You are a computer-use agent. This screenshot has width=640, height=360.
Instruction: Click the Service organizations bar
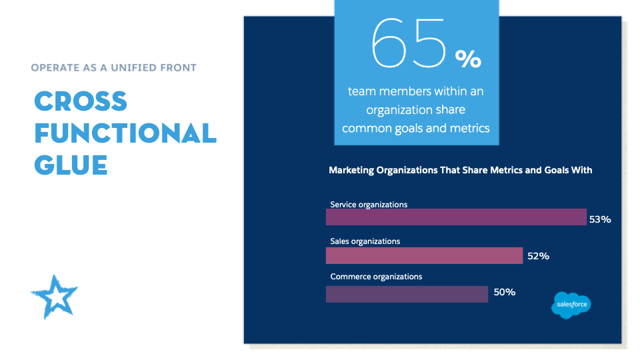coord(456,217)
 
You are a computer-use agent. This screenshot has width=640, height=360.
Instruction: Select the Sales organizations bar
coord(424,255)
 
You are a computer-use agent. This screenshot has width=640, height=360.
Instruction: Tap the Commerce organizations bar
coord(407,294)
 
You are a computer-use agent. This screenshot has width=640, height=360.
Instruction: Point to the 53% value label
coord(600,219)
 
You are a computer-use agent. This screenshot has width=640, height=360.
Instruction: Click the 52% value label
coord(539,256)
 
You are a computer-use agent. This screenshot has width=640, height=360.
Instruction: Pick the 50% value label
coord(505,292)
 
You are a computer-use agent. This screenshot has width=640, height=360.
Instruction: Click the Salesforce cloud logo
coord(571,305)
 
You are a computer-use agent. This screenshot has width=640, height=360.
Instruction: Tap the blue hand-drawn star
coord(54,297)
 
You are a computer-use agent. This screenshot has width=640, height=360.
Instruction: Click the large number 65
coord(409,43)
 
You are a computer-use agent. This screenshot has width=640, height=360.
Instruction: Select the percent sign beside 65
coord(469,59)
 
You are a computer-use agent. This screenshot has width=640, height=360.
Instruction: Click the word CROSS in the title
coord(81,101)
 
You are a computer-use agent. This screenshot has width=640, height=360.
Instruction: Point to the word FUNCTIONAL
coord(125,133)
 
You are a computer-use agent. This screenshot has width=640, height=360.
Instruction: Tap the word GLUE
coord(71,165)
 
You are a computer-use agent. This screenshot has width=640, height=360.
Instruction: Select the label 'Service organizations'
coord(369,205)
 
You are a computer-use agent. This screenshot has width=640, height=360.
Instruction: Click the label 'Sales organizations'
coord(365,241)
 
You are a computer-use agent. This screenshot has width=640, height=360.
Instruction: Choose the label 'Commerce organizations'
coord(376,277)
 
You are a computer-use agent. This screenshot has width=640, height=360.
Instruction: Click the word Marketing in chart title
coord(351,170)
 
